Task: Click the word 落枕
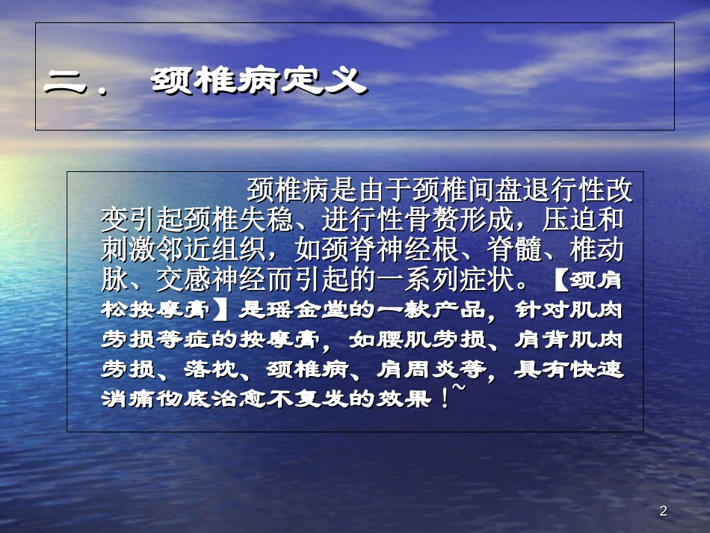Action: [x=217, y=369]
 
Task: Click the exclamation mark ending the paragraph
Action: [x=445, y=398]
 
